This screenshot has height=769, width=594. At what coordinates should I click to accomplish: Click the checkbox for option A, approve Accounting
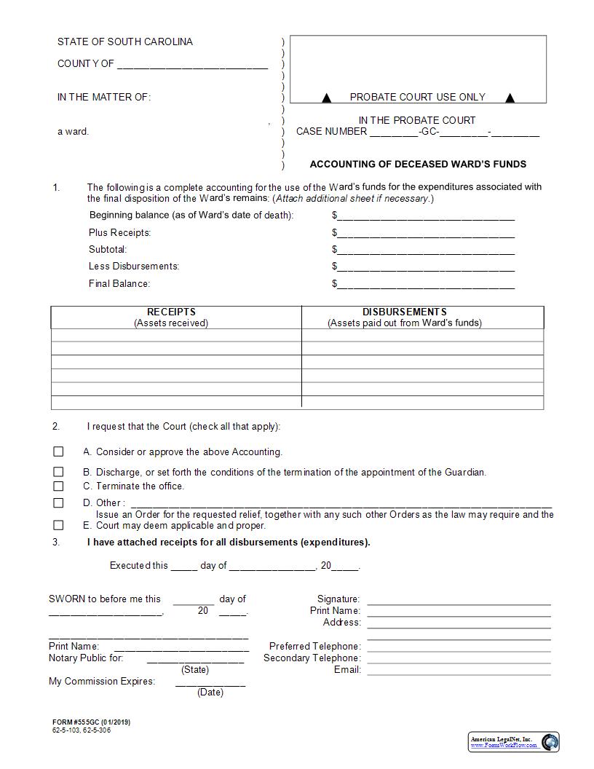click(x=58, y=451)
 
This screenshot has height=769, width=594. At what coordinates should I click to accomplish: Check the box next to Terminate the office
click(x=58, y=486)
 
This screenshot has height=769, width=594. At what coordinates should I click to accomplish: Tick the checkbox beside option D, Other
click(x=58, y=502)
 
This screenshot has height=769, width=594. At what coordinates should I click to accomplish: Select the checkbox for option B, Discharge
click(x=58, y=472)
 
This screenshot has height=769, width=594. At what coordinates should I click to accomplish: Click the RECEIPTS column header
click(x=171, y=312)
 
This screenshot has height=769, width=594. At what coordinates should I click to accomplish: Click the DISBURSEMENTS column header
click(x=404, y=312)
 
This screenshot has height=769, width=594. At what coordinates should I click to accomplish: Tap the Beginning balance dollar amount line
click(x=426, y=216)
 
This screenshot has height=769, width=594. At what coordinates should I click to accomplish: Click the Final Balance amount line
click(x=426, y=284)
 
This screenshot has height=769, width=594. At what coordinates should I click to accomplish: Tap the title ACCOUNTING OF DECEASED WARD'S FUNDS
click(x=418, y=165)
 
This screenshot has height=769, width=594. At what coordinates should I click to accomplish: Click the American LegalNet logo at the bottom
click(x=513, y=741)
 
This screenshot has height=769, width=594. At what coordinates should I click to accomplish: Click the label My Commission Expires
click(x=102, y=682)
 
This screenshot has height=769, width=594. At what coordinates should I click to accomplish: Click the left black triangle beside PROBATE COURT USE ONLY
click(x=327, y=98)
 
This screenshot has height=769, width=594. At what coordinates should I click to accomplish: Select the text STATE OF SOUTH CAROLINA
click(x=125, y=42)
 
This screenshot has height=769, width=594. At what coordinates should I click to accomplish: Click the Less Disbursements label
click(x=134, y=267)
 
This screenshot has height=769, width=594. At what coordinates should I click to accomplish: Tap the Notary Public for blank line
click(x=195, y=659)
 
